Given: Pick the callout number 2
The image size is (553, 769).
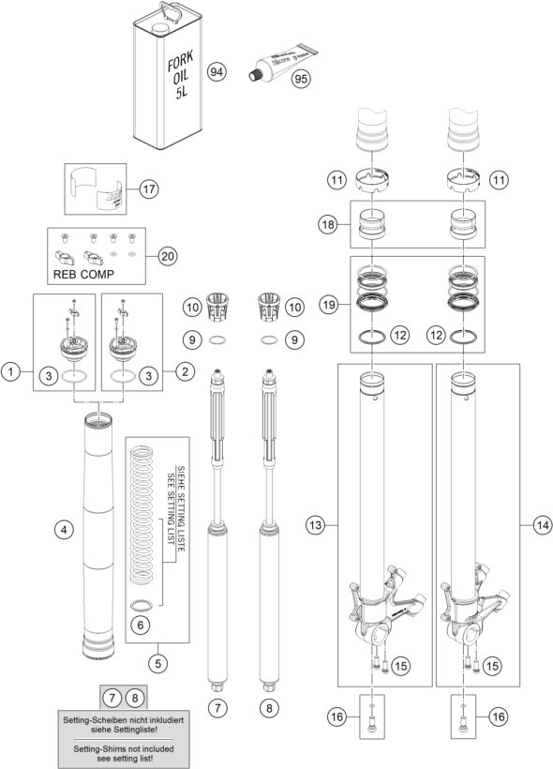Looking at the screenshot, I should (185, 372).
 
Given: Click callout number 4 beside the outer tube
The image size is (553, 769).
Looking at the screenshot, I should (64, 531).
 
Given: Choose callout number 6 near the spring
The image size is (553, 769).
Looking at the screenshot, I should (141, 624).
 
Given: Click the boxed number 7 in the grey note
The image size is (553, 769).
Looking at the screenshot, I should (112, 697).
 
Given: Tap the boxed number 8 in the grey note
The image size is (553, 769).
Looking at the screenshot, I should (136, 697).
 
